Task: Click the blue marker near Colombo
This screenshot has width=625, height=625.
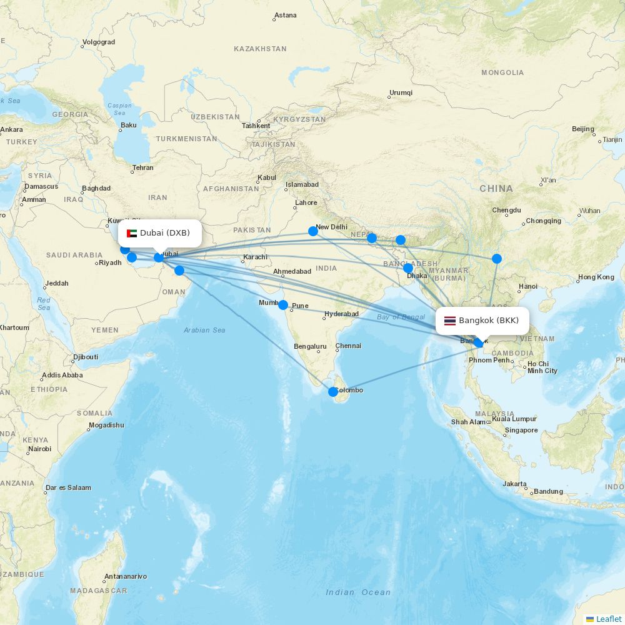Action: [x=333, y=392]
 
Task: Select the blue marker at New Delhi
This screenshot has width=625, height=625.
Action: [x=313, y=231]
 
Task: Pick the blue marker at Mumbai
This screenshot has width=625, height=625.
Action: [x=283, y=305]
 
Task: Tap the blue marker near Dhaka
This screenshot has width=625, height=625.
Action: [x=408, y=268]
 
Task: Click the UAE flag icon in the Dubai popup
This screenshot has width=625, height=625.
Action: [x=132, y=233]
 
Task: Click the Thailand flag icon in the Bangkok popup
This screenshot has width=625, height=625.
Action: [x=450, y=321]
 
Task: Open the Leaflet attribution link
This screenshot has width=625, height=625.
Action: [x=608, y=619]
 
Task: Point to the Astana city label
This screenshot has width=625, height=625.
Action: [x=286, y=15]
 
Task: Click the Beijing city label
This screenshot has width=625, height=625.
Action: [x=583, y=129]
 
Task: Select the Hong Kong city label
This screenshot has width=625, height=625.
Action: [x=596, y=277]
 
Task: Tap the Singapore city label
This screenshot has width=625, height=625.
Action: [x=521, y=430]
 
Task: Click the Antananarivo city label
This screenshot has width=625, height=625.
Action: [x=126, y=576]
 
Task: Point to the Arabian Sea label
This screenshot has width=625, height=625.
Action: [x=204, y=330]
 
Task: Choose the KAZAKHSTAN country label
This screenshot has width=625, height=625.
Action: [x=260, y=49]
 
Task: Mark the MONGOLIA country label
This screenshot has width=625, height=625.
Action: [x=502, y=72]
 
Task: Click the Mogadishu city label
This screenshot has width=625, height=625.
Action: [x=106, y=425]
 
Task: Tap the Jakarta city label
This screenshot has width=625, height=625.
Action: [x=514, y=484]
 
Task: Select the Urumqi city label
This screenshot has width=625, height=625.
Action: [x=401, y=92]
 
